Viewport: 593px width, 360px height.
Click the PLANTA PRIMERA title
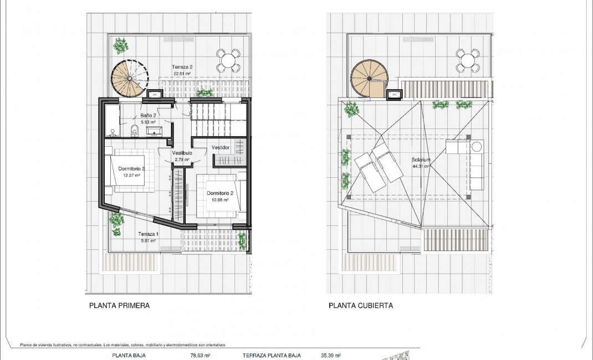click(119, 305)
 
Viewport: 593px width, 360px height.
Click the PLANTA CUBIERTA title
click(361, 305)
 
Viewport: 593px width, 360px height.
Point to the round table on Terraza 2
click(228, 60)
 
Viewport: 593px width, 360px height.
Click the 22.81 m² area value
click(181, 74)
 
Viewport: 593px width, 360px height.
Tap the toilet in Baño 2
click(134, 130)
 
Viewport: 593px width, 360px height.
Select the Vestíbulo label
click(182, 153)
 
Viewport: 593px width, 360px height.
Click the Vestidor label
click(221, 147)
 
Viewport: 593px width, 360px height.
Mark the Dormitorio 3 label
click(131, 169)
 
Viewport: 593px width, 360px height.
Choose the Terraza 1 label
click(148, 234)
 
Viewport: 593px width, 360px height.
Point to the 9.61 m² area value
click(148, 241)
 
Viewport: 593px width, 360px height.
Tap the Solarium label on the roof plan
click(421, 160)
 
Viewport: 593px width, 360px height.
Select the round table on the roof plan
click(467, 60)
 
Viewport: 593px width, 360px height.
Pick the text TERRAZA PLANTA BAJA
click(272, 356)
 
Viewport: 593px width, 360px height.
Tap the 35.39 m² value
click(330, 356)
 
